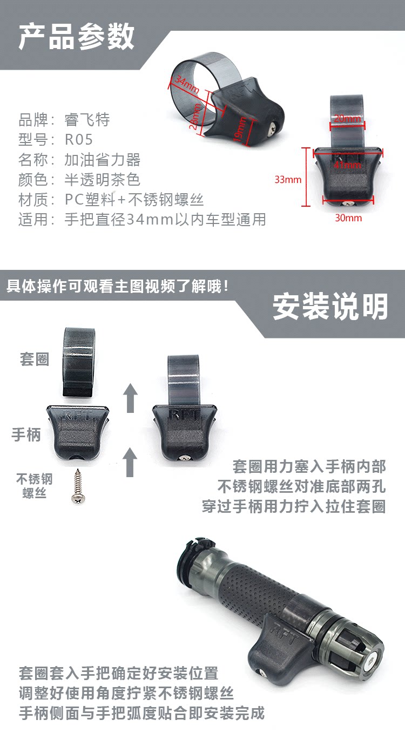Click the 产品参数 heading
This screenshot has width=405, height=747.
click(76, 37)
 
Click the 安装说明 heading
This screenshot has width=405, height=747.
click(330, 307)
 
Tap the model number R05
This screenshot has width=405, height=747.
click(79, 139)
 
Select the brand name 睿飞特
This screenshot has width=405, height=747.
click(87, 120)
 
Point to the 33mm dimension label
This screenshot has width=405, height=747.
click(288, 180)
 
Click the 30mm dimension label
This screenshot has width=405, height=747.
click(348, 218)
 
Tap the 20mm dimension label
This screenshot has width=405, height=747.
click(348, 119)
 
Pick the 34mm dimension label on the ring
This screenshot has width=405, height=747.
click(187, 85)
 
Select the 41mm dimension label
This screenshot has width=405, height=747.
click(348, 165)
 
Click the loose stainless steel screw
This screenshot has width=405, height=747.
click(78, 486)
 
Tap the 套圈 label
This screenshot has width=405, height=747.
click(35, 359)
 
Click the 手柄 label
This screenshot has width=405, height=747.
click(26, 435)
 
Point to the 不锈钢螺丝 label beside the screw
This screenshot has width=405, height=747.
click(35, 486)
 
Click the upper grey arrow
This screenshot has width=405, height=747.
click(130, 398)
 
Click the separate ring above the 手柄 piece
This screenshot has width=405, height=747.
click(78, 362)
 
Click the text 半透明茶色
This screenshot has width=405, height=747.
click(102, 180)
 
